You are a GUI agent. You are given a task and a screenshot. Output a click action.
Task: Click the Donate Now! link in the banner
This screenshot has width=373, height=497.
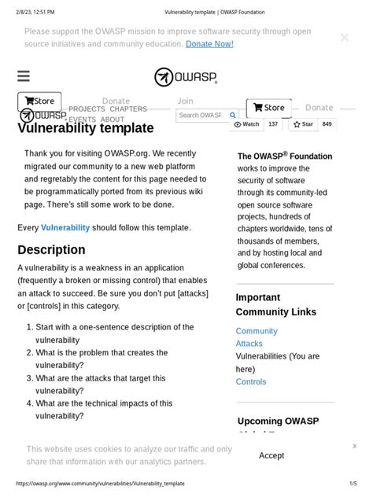[209, 44]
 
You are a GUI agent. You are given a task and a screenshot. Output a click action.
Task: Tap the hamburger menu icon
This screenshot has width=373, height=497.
[24, 76]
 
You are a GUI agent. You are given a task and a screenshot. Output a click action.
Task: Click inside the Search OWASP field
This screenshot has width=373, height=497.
[200, 115]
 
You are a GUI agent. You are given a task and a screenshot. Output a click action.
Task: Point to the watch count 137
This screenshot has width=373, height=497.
[273, 124]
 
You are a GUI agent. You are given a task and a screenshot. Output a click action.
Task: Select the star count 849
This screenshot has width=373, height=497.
[327, 124]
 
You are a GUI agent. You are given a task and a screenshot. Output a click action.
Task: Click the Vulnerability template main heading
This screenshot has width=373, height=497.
[86, 128]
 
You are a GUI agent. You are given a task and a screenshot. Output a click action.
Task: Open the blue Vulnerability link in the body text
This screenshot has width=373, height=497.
[65, 227]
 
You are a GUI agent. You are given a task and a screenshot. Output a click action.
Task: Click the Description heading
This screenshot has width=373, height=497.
[51, 250]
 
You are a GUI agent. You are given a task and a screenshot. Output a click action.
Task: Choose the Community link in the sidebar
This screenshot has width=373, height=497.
[257, 331]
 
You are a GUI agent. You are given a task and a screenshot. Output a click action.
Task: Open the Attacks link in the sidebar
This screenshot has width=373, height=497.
[249, 344]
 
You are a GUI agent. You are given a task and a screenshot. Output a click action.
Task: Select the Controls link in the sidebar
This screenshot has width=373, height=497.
[251, 381]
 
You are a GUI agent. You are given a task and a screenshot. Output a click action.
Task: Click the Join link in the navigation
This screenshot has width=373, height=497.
[185, 101]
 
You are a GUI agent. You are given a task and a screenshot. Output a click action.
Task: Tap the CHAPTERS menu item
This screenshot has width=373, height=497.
[128, 109]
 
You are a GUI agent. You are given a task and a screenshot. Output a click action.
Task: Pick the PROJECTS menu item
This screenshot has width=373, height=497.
[87, 109]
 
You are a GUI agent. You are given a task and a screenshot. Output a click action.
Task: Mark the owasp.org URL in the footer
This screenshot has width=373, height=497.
[100, 484]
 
